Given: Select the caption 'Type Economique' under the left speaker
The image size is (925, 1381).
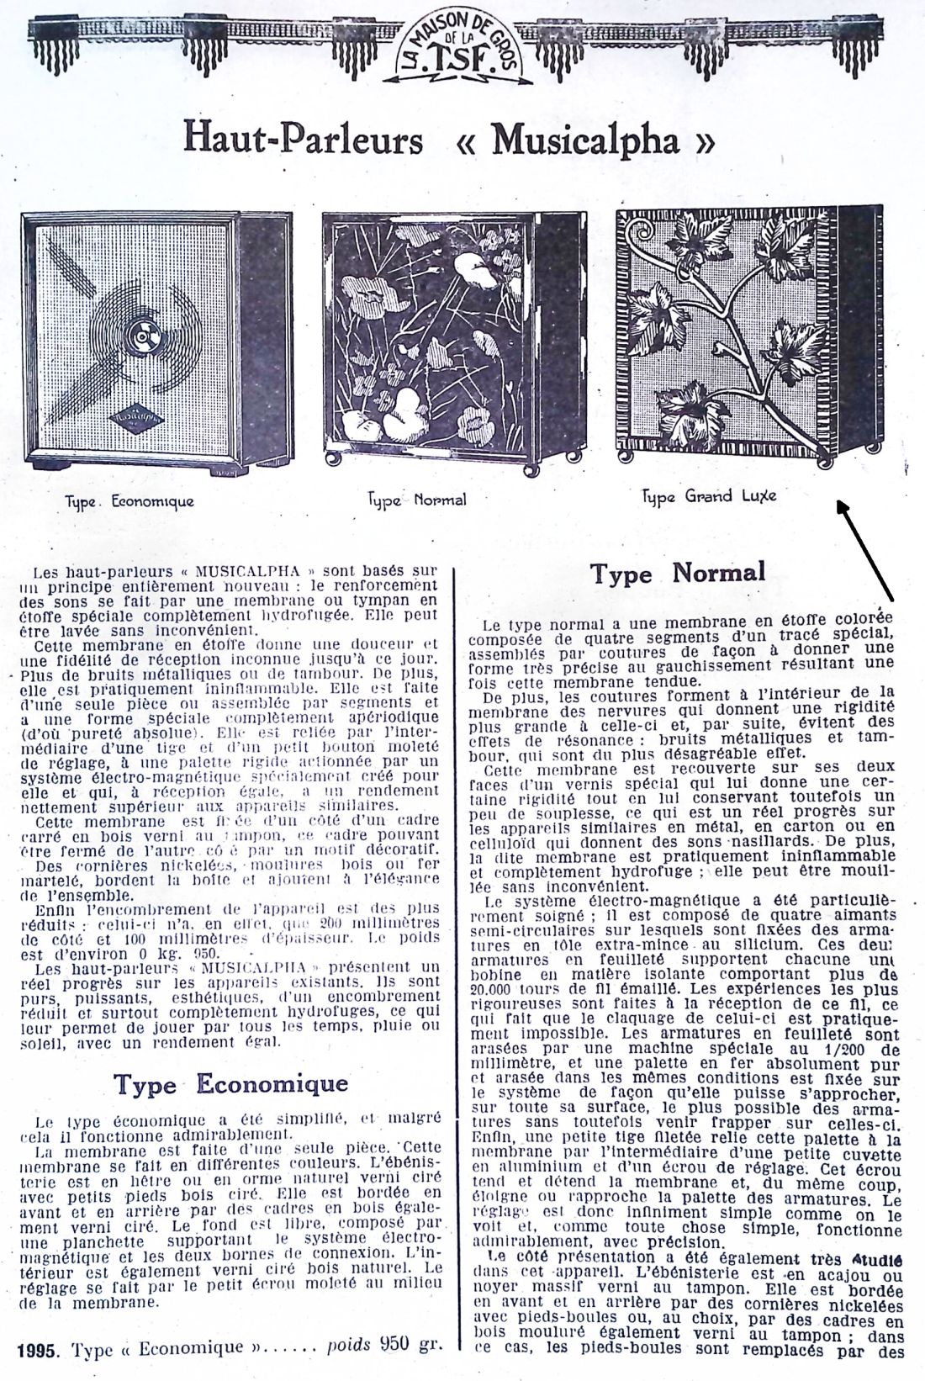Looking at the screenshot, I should tap(129, 501).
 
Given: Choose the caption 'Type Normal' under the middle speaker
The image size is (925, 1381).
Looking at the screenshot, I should tap(417, 499).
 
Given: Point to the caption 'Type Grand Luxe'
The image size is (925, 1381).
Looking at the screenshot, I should tap(709, 496).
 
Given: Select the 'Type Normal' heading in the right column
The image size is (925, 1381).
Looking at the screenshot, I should tap(677, 574).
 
